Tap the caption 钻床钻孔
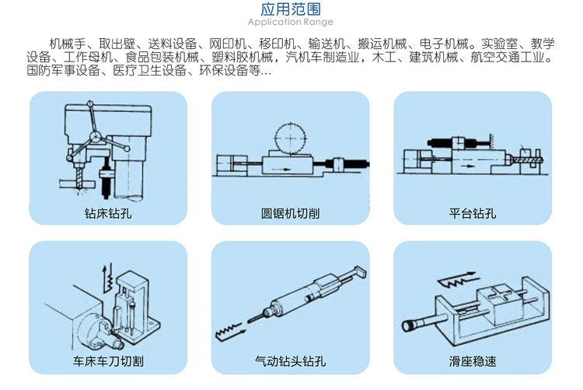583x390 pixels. [x=107, y=213]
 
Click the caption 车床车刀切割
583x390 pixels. [x=107, y=361]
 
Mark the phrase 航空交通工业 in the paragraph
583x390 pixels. [x=512, y=58]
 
